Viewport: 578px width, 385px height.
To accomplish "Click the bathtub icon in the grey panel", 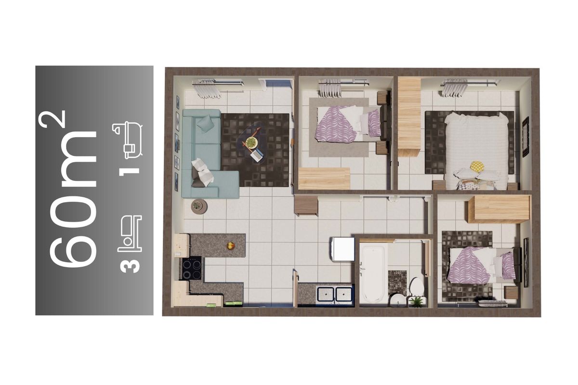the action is click(x=128, y=140).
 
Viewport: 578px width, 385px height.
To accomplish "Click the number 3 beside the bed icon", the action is click(x=130, y=264).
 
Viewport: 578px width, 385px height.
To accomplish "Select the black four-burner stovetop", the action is click(x=192, y=268).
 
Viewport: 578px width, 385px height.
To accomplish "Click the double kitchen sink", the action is click(x=335, y=294).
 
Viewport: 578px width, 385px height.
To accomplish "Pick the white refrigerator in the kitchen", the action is click(x=343, y=249).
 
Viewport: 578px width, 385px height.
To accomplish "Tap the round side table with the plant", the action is click(x=199, y=206).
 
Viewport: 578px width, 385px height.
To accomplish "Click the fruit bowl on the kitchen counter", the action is click(x=230, y=246).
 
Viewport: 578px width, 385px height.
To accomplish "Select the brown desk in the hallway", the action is click(x=306, y=205).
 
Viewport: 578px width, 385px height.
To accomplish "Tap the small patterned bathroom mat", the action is click(x=397, y=283).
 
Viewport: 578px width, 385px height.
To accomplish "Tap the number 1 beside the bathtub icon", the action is click(x=129, y=171).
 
